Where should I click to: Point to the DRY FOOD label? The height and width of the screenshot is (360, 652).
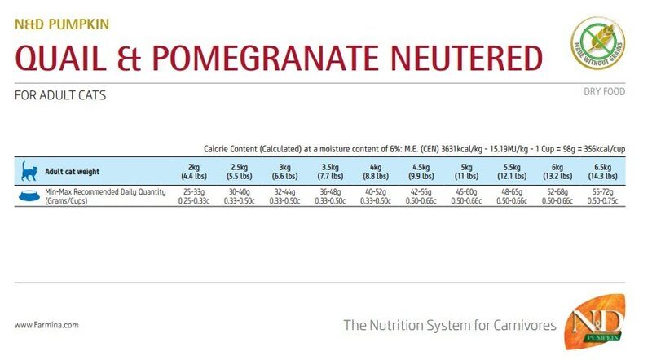click(x=604, y=92)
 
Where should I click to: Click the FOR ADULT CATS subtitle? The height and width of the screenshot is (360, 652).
click(x=60, y=95)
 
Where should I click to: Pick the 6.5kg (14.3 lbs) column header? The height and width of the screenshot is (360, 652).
click(x=604, y=171)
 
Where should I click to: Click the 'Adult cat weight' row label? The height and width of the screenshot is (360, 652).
click(x=72, y=172)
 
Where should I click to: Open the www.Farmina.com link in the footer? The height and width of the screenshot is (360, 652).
click(x=46, y=325)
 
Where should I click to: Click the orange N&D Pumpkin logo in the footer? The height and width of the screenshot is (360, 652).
click(x=600, y=324)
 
